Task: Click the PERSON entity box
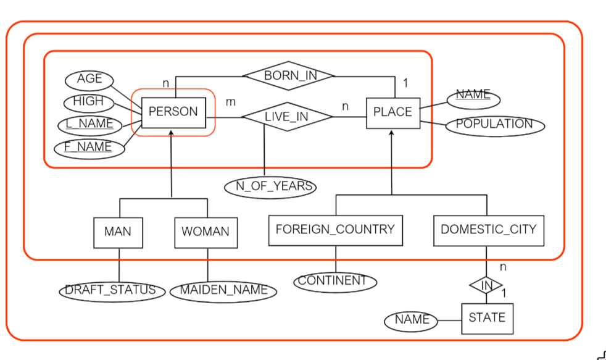[x=173, y=112]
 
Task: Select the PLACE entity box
[x=392, y=112]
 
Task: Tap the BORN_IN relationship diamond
[x=289, y=76]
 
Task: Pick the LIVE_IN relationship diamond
[x=286, y=117]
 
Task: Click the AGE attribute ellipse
[x=89, y=80]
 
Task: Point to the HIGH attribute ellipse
[x=89, y=101]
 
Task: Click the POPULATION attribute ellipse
[x=494, y=124]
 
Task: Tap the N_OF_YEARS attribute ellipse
[x=270, y=186]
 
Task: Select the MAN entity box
[x=118, y=232]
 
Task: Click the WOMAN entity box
[x=205, y=232]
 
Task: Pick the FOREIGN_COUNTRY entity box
[x=335, y=230]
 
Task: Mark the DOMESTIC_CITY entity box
[x=488, y=230]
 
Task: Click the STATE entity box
[x=487, y=318]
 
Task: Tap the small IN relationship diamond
[x=487, y=285]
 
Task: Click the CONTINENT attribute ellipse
[x=334, y=281]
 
